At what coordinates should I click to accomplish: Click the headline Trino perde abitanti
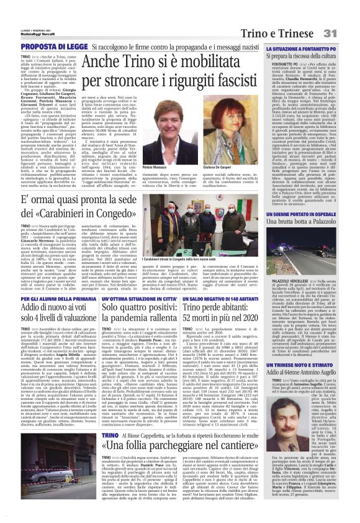218,291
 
